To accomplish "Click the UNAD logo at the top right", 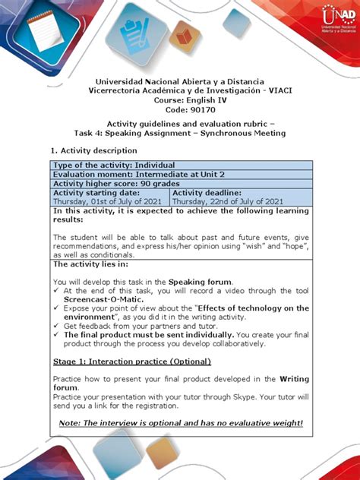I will (338, 20).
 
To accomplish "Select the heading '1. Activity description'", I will (93, 150).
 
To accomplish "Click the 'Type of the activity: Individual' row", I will (113, 165).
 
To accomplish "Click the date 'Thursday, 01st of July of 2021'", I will (110, 201).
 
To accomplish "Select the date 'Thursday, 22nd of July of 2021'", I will (228, 201).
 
